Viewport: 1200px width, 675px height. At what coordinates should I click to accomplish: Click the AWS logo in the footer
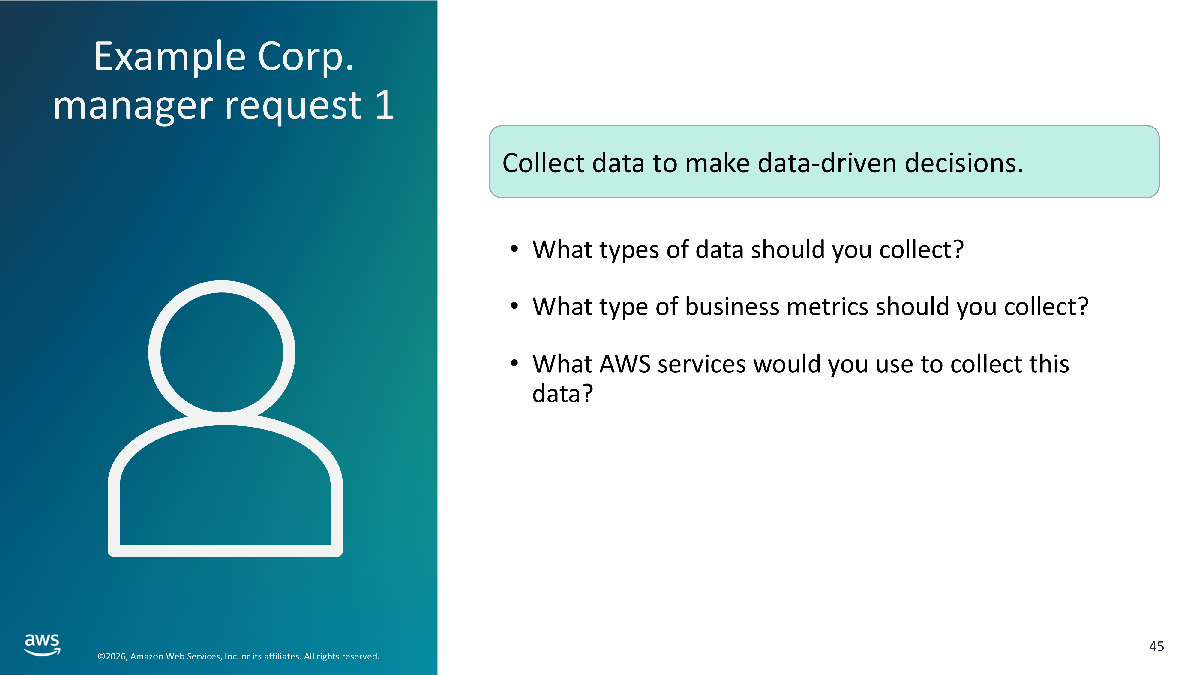(42, 645)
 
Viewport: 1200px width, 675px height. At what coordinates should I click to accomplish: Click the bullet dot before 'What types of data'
(514, 249)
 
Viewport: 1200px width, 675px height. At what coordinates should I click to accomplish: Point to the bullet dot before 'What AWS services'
(514, 363)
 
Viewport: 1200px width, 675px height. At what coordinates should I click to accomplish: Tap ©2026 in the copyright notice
(112, 656)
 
